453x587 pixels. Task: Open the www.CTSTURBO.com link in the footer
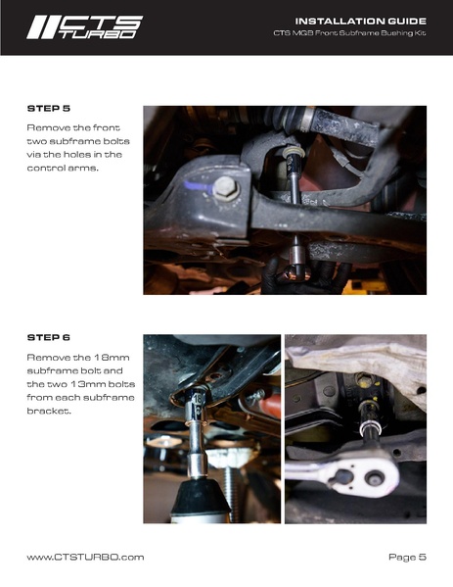click(85, 557)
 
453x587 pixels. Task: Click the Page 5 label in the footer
click(407, 557)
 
